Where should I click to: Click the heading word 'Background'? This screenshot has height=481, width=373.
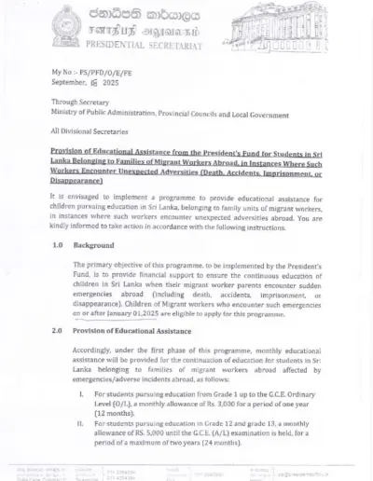[x=93, y=245]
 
